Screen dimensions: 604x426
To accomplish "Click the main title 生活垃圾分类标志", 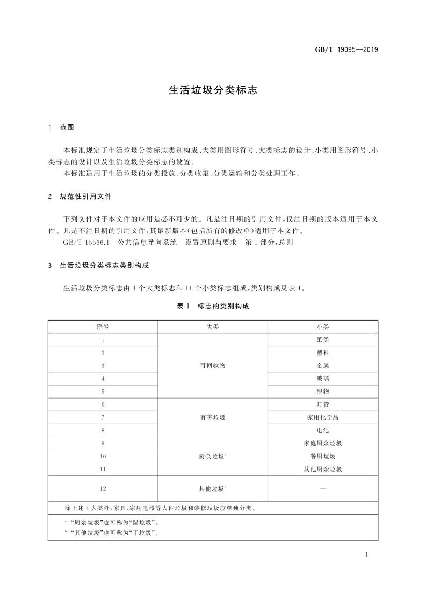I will (213, 91).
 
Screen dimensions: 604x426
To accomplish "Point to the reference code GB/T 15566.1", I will (86, 243).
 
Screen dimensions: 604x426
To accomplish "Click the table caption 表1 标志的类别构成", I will (213, 305).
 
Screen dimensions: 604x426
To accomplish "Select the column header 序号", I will (103, 326).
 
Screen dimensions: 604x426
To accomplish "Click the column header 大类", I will (212, 326).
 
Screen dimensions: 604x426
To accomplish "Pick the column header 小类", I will (322, 326).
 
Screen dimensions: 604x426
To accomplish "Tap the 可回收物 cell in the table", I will (212, 365).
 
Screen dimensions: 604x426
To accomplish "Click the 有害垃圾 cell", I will (212, 417).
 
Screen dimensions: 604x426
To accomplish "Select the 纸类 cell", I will (322, 339).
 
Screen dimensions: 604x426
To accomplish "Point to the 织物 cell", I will (322, 391).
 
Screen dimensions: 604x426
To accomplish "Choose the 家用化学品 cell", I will (322, 417).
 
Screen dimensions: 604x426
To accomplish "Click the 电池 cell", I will (322, 430).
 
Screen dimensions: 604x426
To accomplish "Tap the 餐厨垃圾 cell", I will (322, 456).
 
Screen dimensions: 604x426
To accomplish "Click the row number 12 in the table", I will (103, 488).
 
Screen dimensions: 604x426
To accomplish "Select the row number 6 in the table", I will (103, 404).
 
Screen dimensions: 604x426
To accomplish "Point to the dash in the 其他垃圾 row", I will (322, 488).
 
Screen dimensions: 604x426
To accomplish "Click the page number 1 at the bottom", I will (365, 555).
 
